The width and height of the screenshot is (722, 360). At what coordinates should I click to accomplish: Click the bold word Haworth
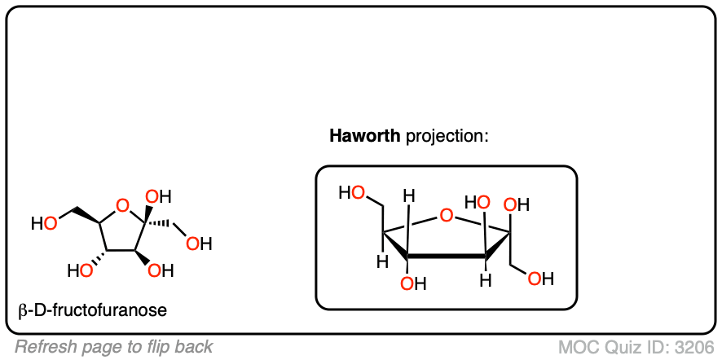(364, 136)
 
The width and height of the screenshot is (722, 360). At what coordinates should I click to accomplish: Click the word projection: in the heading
(446, 136)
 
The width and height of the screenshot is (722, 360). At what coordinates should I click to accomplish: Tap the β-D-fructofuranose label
(92, 310)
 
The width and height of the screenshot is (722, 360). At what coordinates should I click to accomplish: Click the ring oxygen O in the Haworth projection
(445, 216)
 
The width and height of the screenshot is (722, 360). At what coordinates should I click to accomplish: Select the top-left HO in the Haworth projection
(352, 193)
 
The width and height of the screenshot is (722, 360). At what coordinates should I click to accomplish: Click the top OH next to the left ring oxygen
(158, 196)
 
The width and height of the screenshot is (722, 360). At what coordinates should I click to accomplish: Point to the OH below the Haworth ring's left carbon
(413, 283)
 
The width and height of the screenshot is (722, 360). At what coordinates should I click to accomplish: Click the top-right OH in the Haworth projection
(517, 204)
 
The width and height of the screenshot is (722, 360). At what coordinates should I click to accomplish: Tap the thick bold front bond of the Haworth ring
(447, 257)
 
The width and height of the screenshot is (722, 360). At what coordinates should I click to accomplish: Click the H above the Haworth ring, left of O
(410, 196)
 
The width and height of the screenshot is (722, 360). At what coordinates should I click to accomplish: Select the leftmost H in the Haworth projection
(380, 263)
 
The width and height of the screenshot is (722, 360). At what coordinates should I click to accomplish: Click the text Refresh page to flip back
(114, 347)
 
